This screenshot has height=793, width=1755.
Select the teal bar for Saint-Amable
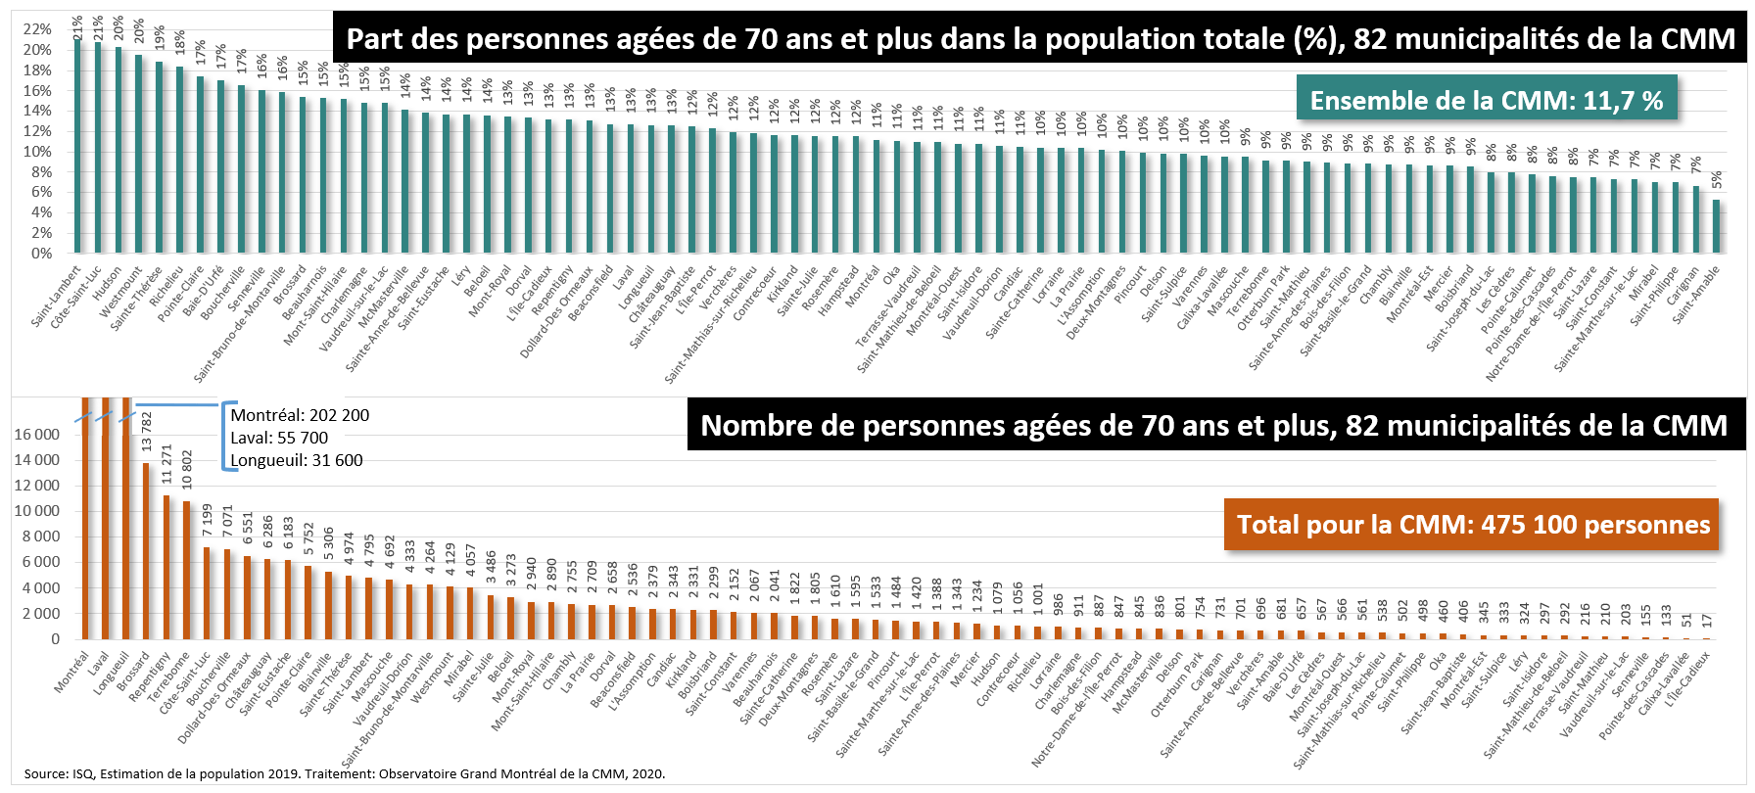1716,226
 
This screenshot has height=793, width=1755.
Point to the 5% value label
1717,181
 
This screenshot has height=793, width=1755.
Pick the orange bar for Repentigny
166,568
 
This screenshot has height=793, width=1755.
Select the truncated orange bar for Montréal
85,519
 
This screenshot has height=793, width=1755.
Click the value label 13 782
147,432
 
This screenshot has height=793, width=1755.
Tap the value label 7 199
208,520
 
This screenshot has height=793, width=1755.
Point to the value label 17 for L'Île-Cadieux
1707,621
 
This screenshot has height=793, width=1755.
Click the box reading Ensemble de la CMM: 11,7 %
1486,100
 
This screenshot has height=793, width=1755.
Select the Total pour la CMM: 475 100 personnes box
1472,525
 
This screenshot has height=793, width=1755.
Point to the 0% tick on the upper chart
41,254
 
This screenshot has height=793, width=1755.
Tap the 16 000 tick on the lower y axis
36,435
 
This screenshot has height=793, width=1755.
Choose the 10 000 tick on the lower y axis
36,511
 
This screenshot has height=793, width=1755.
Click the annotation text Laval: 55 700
279,438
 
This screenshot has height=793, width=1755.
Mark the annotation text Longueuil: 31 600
296,460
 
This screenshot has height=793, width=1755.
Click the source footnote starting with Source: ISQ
344,773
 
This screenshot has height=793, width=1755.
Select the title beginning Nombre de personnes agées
1213,425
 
